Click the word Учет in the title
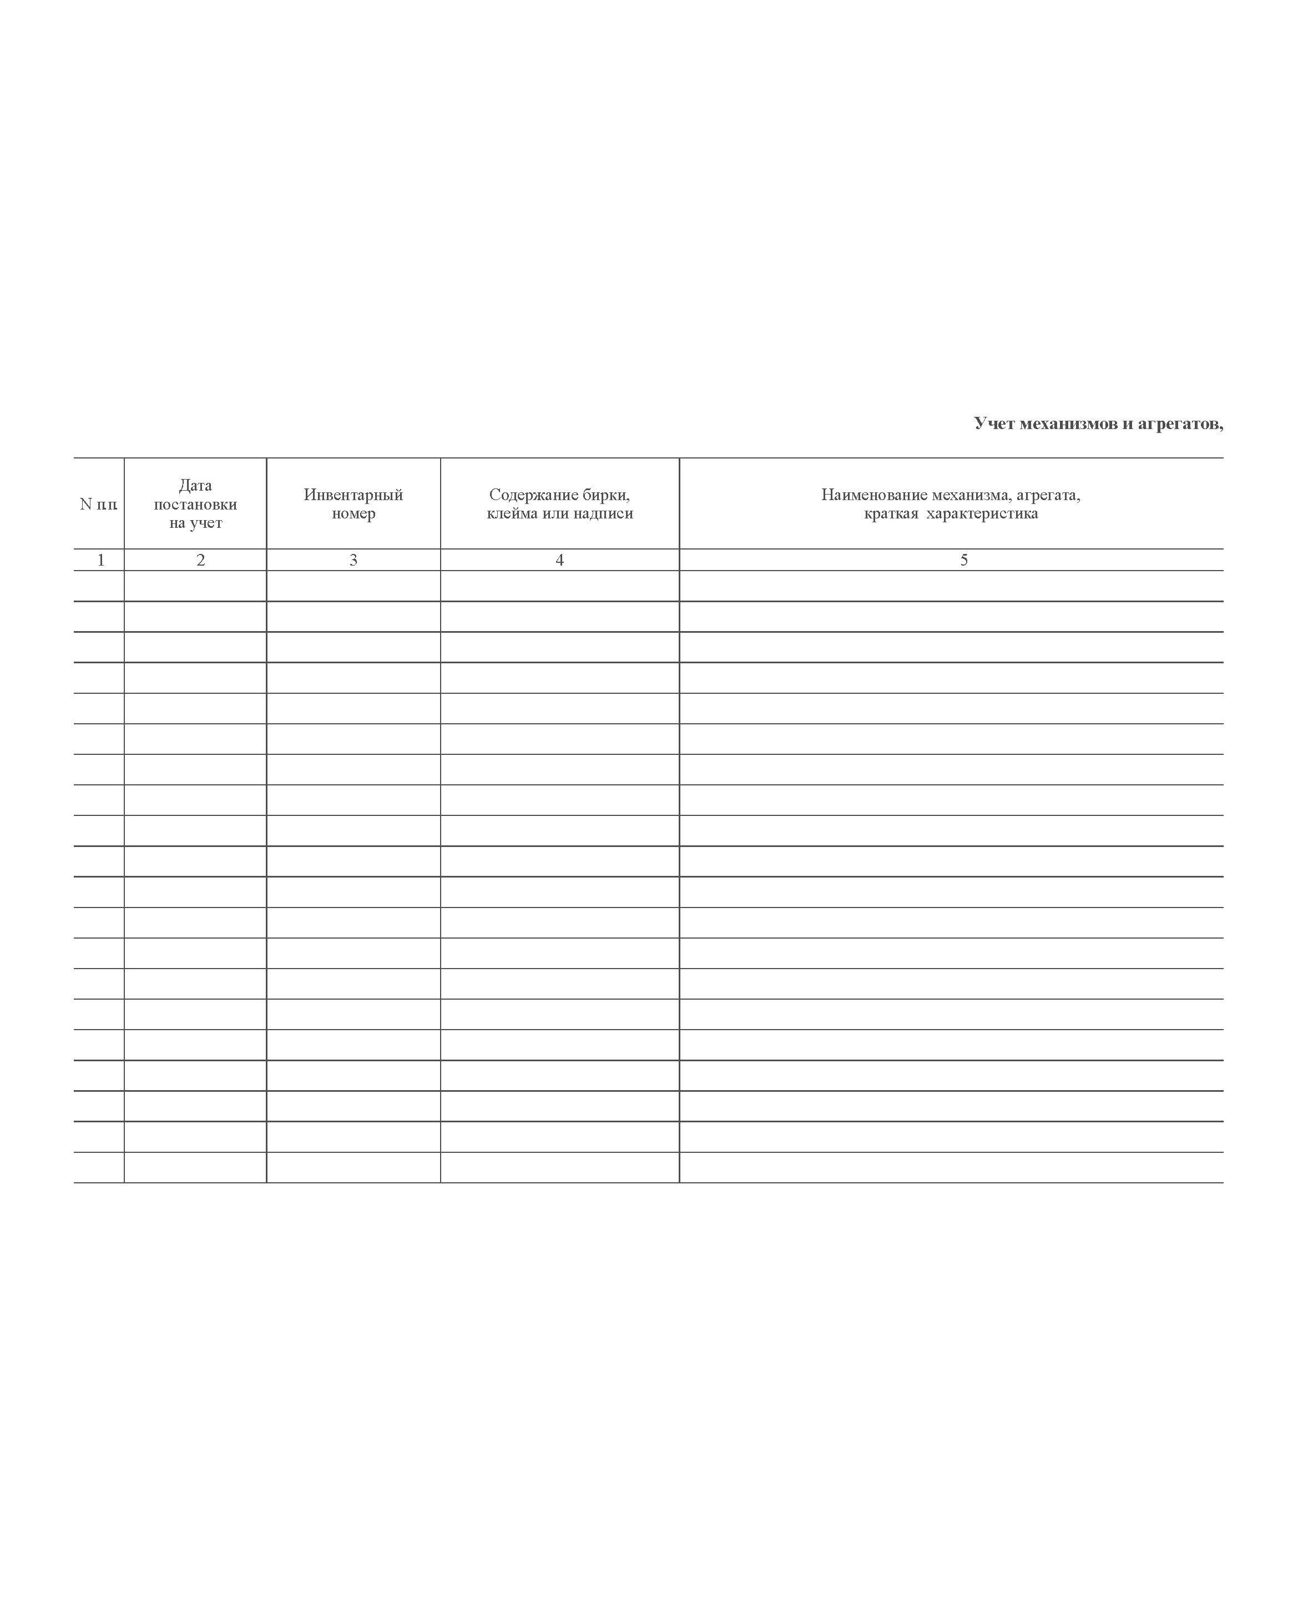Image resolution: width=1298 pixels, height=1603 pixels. pyautogui.click(x=994, y=424)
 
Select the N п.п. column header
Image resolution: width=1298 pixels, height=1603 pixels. pyautogui.click(x=99, y=504)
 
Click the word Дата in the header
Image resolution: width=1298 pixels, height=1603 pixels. pyautogui.click(x=195, y=485)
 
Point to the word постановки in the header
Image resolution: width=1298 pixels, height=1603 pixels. pyautogui.click(x=195, y=504)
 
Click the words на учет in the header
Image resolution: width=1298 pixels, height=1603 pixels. pyautogui.click(x=195, y=523)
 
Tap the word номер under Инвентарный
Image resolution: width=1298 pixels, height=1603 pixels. pyautogui.click(x=353, y=513)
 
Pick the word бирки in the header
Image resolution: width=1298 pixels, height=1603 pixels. pyautogui.click(x=605, y=495)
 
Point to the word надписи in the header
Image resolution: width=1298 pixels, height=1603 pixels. pyautogui.click(x=605, y=513)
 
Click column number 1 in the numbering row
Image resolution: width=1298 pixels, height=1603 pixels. pyautogui.click(x=101, y=560)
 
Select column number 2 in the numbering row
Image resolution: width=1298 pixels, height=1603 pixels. pyautogui.click(x=200, y=560)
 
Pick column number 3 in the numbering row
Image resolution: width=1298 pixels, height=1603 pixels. pyautogui.click(x=353, y=560)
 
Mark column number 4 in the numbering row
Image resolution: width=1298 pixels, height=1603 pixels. pyautogui.click(x=559, y=560)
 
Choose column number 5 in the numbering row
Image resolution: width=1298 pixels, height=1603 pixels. pyautogui.click(x=964, y=560)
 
